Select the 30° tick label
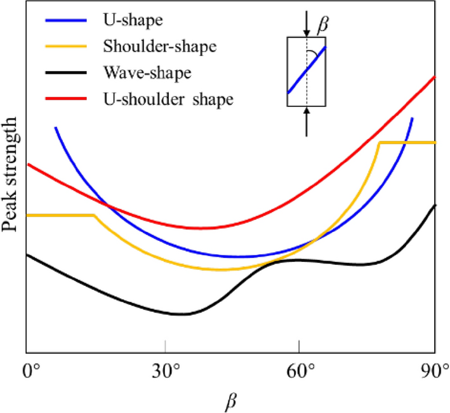tap(165, 370)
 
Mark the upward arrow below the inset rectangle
tap(307, 121)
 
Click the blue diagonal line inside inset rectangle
tap(307, 70)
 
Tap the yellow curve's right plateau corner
tap(379, 143)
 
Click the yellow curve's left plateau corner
tap(95, 215)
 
